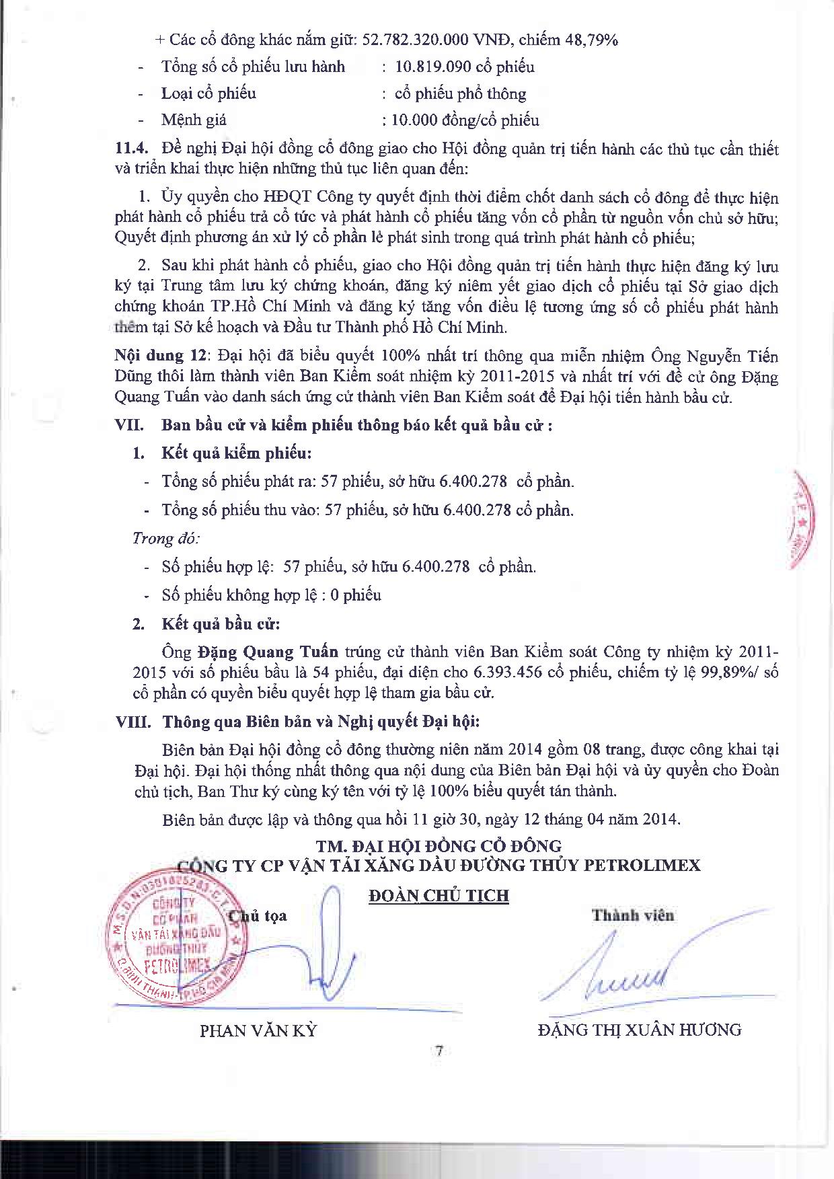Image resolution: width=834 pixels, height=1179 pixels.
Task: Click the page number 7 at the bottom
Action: coord(439,1051)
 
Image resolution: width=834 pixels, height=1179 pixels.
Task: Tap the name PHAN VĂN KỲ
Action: coord(258,1030)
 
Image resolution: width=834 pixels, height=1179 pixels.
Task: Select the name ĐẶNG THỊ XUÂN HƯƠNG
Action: coord(640,1029)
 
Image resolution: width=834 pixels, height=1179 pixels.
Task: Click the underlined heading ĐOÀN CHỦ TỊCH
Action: coord(439,895)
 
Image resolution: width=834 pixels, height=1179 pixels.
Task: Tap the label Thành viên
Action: coord(633,915)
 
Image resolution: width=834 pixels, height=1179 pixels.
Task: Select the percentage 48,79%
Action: coord(592,40)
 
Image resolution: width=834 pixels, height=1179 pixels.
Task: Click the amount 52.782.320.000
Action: coord(415,40)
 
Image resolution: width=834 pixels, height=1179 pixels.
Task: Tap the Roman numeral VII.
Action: coord(130,425)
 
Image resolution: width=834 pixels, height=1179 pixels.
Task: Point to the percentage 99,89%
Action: coord(728,672)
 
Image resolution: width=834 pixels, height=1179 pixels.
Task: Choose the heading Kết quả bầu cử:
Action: coord(221,623)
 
